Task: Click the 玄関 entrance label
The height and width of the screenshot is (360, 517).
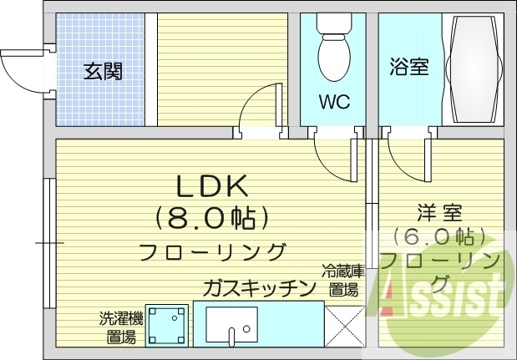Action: tap(103, 71)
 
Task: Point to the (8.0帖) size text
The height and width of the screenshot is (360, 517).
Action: tap(212, 218)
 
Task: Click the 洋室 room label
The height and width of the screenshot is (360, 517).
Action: tap(441, 213)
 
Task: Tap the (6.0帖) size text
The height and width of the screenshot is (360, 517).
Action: tap(439, 236)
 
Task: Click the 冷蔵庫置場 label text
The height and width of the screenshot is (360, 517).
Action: tap(343, 281)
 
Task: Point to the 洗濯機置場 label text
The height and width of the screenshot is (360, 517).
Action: tap(121, 327)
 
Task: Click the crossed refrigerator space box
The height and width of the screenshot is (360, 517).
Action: tap(344, 326)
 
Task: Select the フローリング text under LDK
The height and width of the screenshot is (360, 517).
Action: tap(212, 251)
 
